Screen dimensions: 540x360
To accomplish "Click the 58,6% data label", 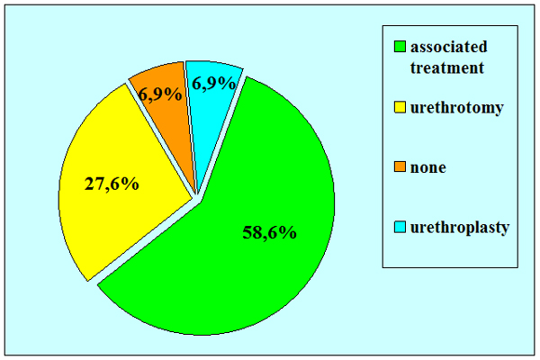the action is coord(270,232).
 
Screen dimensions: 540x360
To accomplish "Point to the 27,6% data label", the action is coord(112,184).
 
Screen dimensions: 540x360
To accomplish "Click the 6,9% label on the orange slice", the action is coord(160,94).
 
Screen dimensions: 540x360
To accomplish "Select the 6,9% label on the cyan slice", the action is coord(214,83).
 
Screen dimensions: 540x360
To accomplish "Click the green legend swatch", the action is coord(400,47).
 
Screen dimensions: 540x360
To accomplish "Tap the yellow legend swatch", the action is coord(400,107).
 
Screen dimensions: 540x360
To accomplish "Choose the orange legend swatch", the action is coord(400,166).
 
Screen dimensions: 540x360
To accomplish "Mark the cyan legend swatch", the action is coord(400,227).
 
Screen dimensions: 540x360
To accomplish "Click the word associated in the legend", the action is coord(449,47).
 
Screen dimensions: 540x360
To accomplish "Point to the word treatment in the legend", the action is coord(447,67).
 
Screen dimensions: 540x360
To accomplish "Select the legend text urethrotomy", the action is coord(456,108).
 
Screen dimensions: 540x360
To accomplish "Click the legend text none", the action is coord(428,167).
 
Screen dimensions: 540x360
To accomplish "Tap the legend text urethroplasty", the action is coord(460,228).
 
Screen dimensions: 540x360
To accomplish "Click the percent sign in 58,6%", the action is coord(289,232).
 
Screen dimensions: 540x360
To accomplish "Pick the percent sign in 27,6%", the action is coord(130,184).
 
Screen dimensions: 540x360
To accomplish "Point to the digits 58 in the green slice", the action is coord(252,233).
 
